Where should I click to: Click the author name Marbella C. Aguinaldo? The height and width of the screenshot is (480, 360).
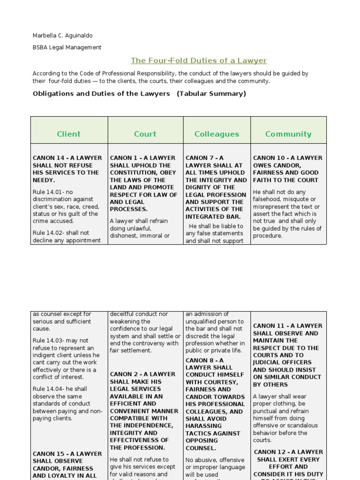63,36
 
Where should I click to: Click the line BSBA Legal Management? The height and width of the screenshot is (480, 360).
67,47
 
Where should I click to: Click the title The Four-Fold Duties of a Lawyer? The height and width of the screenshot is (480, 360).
199,60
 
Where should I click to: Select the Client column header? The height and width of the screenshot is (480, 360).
69,134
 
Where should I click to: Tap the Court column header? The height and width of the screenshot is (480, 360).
145,134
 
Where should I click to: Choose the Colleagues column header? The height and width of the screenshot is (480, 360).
217,134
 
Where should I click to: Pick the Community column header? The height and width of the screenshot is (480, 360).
288,134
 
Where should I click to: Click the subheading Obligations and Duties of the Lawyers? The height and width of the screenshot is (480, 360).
101,93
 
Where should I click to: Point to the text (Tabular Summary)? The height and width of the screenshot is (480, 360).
211,93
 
